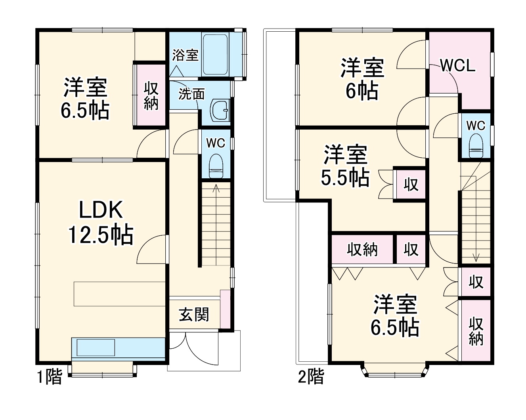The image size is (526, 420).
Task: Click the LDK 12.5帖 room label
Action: tap(101, 222)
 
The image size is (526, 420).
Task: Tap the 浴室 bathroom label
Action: tap(185, 55)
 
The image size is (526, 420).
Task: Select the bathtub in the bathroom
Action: tap(216, 54)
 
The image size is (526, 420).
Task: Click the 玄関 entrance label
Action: tap(194, 315)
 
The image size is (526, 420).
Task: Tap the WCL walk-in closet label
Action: tap(458, 65)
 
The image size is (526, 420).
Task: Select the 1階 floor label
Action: tap(50, 376)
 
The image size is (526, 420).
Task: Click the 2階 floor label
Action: tap(311, 376)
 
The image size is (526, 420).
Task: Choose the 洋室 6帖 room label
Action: tap(362, 79)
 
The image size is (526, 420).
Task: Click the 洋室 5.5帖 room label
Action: tap(345, 166)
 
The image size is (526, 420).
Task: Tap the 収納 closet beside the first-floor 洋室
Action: tap(151, 95)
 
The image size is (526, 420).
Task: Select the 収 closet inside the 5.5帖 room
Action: tap(411, 185)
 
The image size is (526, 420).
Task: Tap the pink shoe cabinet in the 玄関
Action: tap(225, 309)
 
